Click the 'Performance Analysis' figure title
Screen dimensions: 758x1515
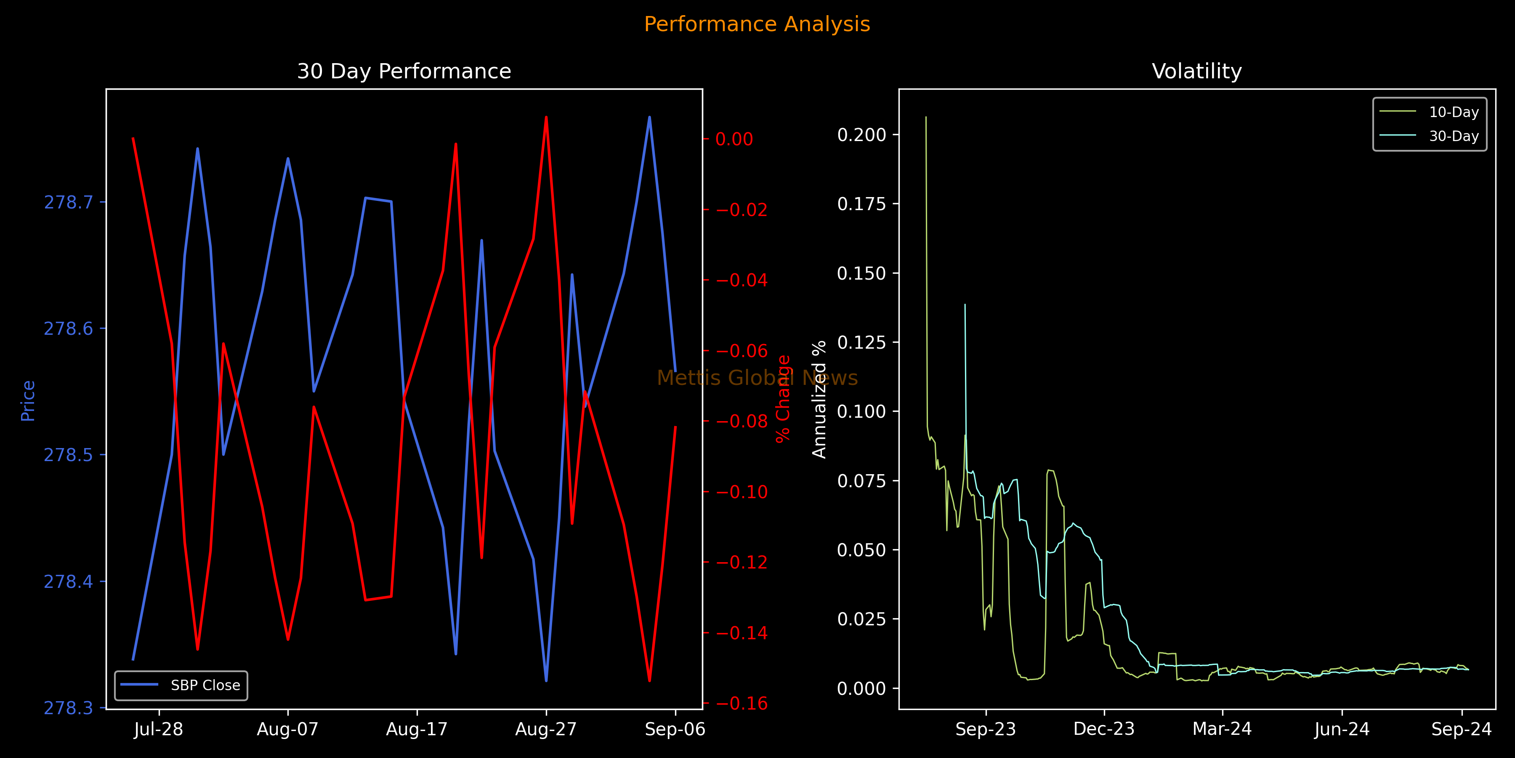click(757, 24)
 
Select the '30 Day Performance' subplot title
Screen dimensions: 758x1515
click(404, 71)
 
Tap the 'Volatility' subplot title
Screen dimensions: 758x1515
click(1197, 71)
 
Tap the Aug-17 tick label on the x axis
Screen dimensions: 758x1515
click(417, 730)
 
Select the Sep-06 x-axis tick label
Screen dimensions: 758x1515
click(675, 730)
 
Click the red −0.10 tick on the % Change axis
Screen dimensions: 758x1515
click(742, 492)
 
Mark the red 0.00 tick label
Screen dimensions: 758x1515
click(734, 139)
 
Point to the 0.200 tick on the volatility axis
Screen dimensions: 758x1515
click(861, 135)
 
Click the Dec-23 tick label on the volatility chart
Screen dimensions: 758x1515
click(1104, 730)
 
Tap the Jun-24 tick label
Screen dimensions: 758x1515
click(1342, 730)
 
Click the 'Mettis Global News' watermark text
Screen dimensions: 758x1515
click(757, 378)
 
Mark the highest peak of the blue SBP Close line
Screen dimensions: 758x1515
click(649, 117)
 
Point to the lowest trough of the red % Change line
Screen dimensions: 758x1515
click(649, 681)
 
